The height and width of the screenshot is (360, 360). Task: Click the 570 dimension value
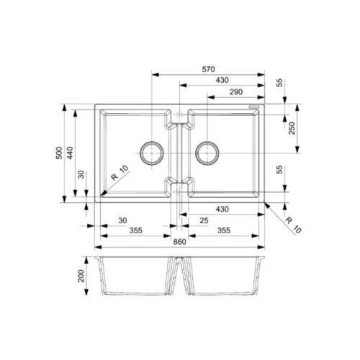click(208, 69)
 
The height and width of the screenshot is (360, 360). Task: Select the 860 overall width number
click(179, 242)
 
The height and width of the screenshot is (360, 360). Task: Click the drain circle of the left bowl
click(152, 153)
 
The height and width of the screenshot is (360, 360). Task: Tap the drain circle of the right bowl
click(207, 153)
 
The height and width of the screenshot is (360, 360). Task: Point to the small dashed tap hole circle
click(179, 114)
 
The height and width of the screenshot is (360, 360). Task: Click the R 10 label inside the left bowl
click(120, 173)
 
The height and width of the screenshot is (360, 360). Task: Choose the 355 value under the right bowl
click(223, 231)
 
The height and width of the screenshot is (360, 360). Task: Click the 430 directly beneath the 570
click(223, 81)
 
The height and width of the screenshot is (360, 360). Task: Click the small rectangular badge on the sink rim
click(253, 108)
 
